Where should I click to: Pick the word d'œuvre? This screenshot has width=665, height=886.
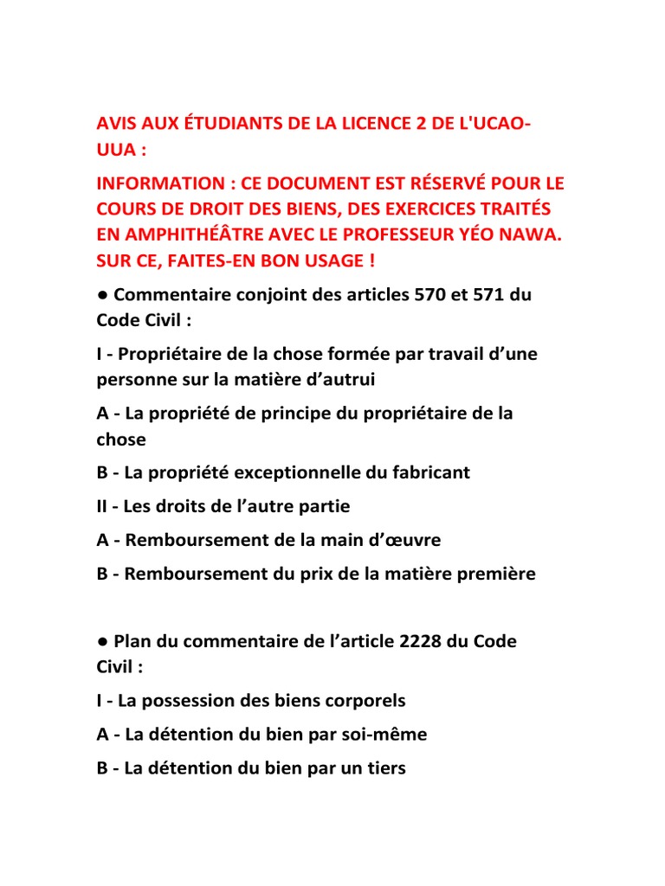tap(400, 540)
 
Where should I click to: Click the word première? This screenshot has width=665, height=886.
tap(494, 574)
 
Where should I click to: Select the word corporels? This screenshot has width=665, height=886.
tap(364, 701)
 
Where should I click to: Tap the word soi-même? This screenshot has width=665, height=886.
tap(382, 735)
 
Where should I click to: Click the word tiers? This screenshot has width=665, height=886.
tap(384, 768)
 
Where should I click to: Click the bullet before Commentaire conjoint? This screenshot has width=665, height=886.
tap(101, 295)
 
